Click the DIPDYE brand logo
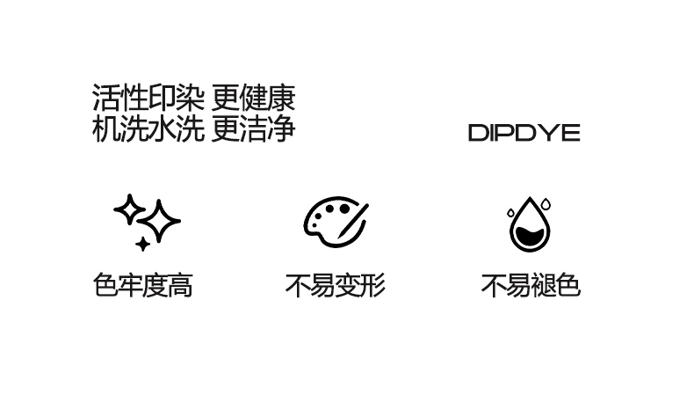click(x=524, y=134)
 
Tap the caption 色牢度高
click(x=142, y=286)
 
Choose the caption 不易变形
click(x=335, y=286)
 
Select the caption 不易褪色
click(x=530, y=286)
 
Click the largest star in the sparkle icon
click(x=161, y=221)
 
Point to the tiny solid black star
click(x=142, y=243)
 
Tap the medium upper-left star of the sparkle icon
click(x=129, y=209)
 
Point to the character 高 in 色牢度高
click(x=180, y=286)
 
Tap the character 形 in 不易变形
click(x=372, y=286)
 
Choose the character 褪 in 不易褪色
click(x=543, y=286)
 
